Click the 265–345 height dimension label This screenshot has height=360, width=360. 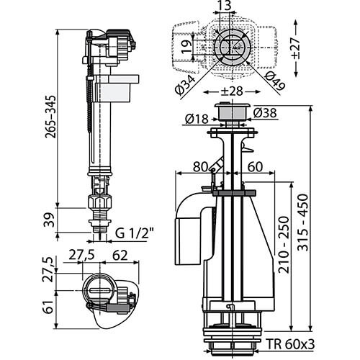click(50, 117)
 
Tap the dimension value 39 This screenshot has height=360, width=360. click(50, 220)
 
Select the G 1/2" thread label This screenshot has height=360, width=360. click(134, 233)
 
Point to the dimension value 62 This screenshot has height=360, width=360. click(120, 256)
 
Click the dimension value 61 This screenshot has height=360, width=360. click(49, 307)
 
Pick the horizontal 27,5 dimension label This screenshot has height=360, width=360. click(81, 255)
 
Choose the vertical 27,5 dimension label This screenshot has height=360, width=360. click(47, 269)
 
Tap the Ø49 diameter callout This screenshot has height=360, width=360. click(275, 81)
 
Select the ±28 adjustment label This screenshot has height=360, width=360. click(232, 91)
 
